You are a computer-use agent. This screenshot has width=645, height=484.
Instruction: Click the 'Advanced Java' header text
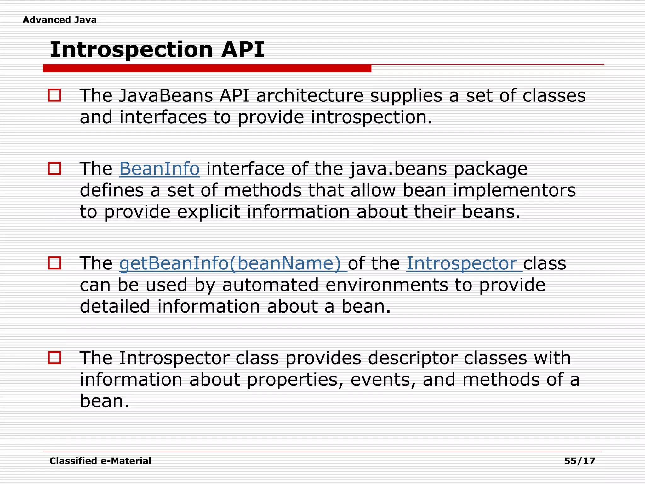tap(60, 20)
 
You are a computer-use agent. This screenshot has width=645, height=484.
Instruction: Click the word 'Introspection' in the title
tap(131, 50)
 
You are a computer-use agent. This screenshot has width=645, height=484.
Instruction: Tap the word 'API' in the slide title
tap(243, 50)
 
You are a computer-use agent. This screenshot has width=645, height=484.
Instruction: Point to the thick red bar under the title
tap(207, 68)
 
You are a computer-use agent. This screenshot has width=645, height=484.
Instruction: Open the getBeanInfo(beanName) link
tap(232, 263)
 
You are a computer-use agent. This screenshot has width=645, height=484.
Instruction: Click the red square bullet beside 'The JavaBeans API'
tap(54, 95)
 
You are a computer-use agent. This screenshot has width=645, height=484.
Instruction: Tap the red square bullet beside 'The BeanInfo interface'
tap(54, 169)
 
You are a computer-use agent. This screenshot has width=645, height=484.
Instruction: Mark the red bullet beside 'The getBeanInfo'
tap(54, 263)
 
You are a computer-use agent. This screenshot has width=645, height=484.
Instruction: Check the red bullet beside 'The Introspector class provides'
tap(54, 358)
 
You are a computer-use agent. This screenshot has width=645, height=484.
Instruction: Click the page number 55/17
tap(579, 461)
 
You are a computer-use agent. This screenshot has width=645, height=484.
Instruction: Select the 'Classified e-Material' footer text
tap(100, 461)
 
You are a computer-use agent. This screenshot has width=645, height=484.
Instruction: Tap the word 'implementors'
tap(514, 190)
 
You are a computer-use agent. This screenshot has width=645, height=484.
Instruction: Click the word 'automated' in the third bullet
tap(270, 285)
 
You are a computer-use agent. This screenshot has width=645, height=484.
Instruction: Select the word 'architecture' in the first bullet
tap(310, 95)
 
